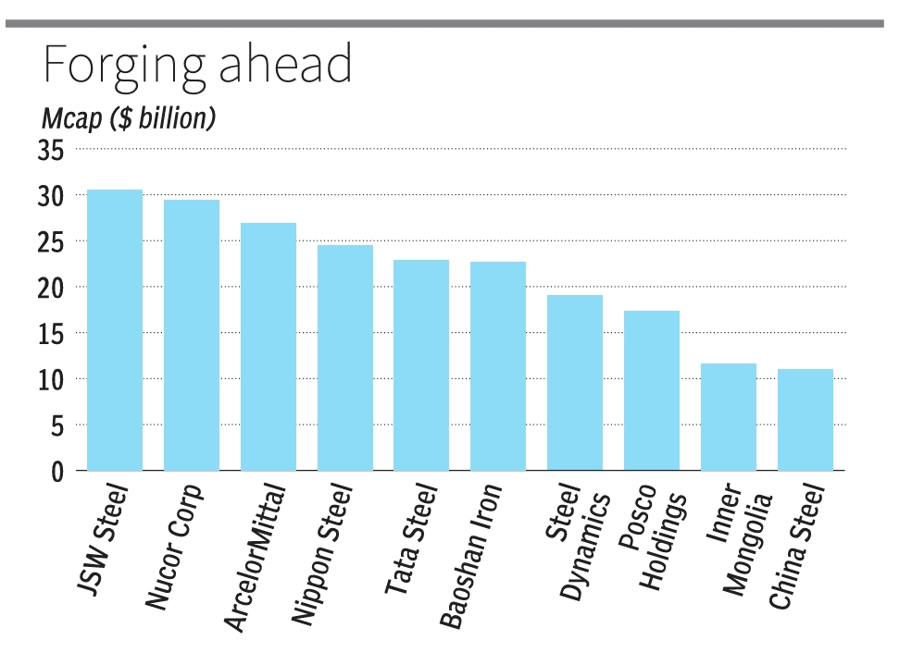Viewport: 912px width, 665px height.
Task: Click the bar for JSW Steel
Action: point(115,330)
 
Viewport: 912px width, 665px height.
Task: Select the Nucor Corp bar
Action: point(192,335)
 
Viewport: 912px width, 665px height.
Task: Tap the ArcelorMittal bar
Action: point(269,347)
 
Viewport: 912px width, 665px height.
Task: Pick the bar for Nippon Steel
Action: point(345,358)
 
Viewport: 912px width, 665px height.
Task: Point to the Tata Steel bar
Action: point(421,365)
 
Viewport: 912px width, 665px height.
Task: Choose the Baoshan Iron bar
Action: point(498,366)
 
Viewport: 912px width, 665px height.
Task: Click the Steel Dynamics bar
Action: point(575,383)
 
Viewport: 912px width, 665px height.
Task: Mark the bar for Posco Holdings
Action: point(652,390)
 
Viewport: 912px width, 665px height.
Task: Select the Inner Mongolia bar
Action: point(729,417)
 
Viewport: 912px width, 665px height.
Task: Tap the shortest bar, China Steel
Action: point(806,420)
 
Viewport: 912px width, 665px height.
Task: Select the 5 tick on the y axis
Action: point(56,425)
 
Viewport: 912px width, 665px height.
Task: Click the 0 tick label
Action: point(57,472)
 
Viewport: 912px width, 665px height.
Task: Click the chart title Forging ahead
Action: point(197,68)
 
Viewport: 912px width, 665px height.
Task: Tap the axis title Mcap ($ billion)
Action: point(129,119)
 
